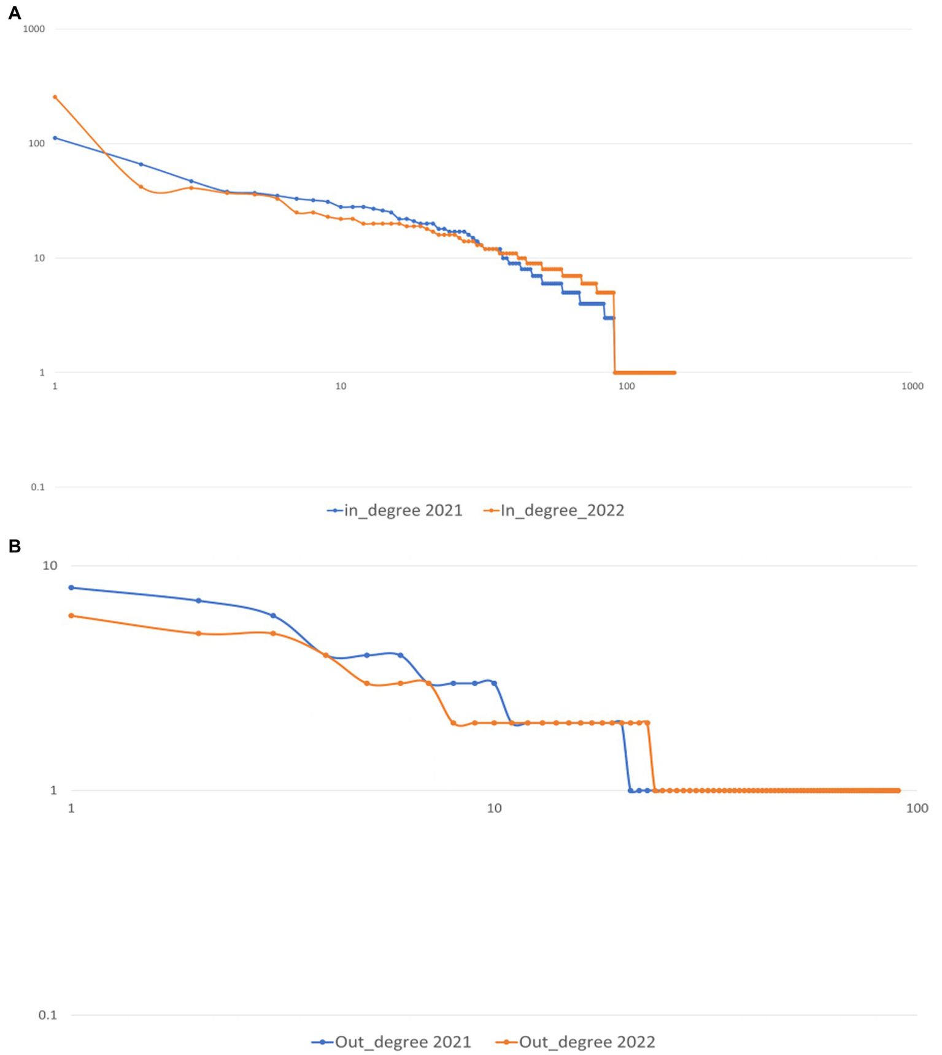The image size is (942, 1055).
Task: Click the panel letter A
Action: (14, 13)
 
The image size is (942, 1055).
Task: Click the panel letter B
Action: (14, 546)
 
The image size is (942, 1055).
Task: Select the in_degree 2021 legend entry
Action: (395, 511)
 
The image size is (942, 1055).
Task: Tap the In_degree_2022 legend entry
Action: (554, 511)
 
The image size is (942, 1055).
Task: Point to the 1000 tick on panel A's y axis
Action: (34, 29)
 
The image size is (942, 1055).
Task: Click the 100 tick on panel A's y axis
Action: (37, 144)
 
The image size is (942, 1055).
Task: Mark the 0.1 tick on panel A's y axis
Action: (38, 487)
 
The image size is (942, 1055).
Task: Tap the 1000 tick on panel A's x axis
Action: (912, 386)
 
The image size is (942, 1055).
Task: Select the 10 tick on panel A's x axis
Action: (341, 386)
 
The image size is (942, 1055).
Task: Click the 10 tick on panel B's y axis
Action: (50, 565)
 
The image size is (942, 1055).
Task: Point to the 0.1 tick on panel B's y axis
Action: (48, 1014)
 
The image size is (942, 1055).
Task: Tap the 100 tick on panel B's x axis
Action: (917, 808)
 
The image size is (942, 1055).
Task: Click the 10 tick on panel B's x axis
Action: (494, 808)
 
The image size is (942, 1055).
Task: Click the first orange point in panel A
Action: (55, 97)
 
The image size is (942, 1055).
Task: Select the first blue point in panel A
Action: (55, 138)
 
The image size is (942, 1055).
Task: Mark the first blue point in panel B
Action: (71, 587)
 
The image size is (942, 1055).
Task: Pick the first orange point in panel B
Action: (71, 615)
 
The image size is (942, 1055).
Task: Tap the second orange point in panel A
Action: (141, 187)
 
